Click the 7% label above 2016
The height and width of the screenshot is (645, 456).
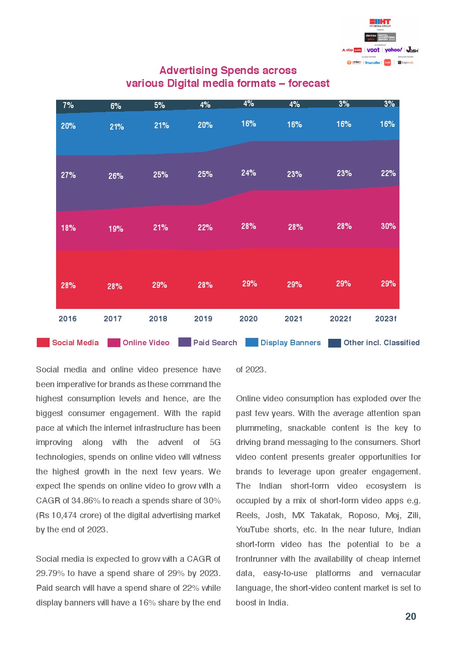pyautogui.click(x=68, y=105)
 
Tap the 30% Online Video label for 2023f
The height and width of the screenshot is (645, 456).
pyautogui.click(x=388, y=226)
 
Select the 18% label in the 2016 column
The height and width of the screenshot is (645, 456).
pyautogui.click(x=68, y=228)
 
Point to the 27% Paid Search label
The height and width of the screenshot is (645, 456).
pyautogui.click(x=68, y=175)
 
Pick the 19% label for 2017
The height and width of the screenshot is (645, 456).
pyautogui.click(x=115, y=229)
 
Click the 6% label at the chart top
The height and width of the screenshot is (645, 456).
pyautogui.click(x=115, y=106)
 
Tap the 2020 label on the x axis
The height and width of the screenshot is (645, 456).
pyautogui.click(x=248, y=319)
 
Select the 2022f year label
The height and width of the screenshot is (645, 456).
pyautogui.click(x=340, y=319)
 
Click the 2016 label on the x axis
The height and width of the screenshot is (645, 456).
pyautogui.click(x=68, y=319)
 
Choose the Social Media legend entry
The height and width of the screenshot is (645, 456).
pyautogui.click(x=75, y=342)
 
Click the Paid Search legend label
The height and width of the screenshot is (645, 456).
pyautogui.click(x=215, y=342)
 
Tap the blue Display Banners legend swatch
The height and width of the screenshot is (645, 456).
pyautogui.click(x=251, y=342)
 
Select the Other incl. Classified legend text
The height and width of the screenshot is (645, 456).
pyautogui.click(x=381, y=342)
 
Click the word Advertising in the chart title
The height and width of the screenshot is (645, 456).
pyautogui.click(x=188, y=70)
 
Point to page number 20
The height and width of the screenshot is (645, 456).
pyautogui.click(x=410, y=616)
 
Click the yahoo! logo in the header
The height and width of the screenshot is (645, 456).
pyautogui.click(x=393, y=50)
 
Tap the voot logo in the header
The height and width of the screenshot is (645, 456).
pyautogui.click(x=373, y=50)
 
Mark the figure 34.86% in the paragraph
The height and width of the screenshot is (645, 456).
pyautogui.click(x=85, y=501)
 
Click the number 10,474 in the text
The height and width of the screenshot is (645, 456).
pyautogui.click(x=64, y=515)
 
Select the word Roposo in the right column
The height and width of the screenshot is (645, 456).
pyautogui.click(x=363, y=515)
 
